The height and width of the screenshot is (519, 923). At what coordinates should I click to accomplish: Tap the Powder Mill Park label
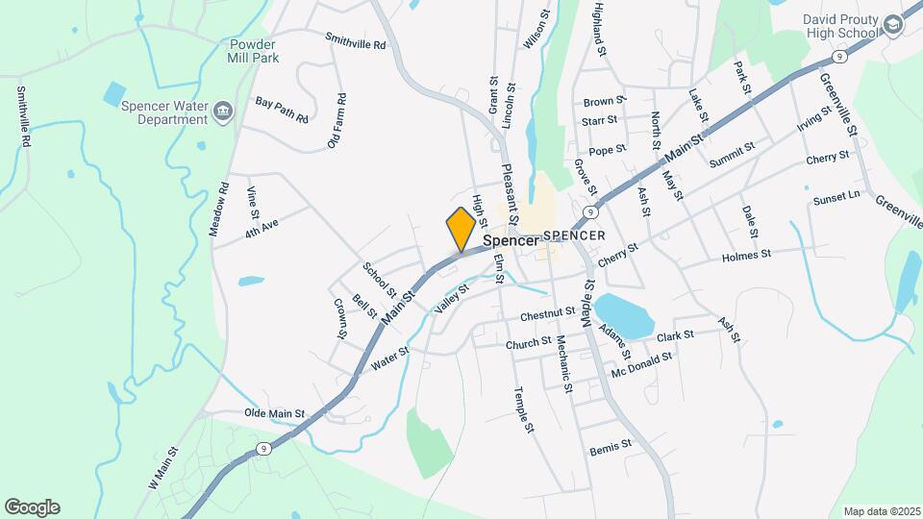(x=253, y=52)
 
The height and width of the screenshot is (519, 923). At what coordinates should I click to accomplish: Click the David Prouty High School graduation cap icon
(x=891, y=26)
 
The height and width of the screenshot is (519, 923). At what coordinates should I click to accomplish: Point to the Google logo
(x=32, y=507)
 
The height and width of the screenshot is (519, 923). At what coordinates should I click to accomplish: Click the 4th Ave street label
(x=261, y=228)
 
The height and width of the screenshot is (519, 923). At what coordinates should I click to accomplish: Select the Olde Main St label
(x=274, y=413)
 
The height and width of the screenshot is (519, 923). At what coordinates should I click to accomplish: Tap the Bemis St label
(x=611, y=445)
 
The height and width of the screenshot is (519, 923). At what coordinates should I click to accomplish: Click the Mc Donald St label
(x=641, y=361)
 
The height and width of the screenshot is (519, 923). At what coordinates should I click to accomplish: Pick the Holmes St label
(x=746, y=256)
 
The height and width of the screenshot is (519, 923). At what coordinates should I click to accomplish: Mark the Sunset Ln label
(x=836, y=197)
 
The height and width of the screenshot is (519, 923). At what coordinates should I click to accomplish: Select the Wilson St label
(x=534, y=31)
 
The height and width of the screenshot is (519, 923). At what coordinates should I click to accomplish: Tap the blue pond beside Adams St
(x=623, y=314)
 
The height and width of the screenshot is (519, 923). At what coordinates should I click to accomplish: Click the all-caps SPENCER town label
(x=574, y=235)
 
